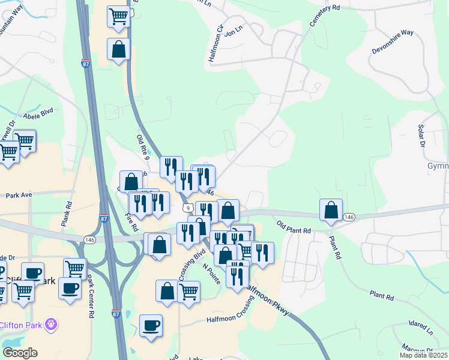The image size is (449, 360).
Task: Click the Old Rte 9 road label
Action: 142,146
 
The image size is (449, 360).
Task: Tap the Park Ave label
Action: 18,196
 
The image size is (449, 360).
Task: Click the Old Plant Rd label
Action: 294,227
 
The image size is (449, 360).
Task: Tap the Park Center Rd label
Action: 91,296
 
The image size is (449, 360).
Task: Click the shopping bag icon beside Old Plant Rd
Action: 331,209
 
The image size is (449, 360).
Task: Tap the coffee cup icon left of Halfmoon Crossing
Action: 151,325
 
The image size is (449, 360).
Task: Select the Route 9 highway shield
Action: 188,208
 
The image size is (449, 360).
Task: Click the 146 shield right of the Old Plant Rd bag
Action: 349,217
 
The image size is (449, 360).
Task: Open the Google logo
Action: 20,353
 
